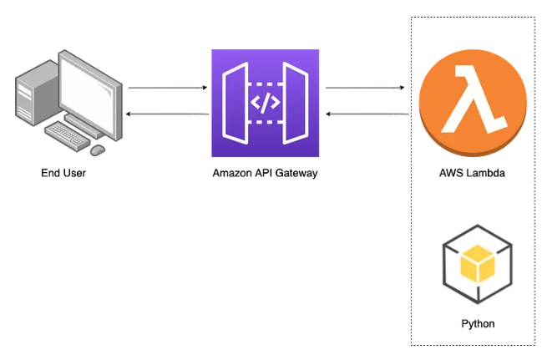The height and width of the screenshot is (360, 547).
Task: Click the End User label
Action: [x=63, y=174]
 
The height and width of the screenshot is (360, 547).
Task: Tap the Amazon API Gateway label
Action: [x=265, y=174]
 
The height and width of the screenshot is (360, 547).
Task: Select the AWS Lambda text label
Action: [x=473, y=174]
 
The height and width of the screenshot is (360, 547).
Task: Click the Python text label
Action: [x=477, y=323]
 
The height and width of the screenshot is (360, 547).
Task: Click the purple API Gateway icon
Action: [x=266, y=103]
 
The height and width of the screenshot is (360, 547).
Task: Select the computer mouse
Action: [x=98, y=150]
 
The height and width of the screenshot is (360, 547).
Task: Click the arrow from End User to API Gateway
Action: [x=167, y=87]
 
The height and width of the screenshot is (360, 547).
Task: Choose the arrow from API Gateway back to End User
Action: [x=167, y=114]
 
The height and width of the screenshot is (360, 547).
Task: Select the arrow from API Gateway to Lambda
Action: [x=365, y=87]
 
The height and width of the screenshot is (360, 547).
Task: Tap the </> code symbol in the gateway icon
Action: [x=266, y=104]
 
